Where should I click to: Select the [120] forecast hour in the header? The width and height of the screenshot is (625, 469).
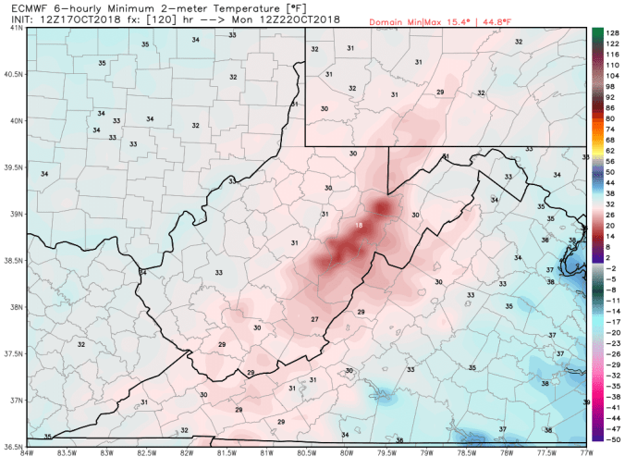(x=158, y=19)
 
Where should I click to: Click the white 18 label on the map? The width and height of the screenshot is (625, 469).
(x=359, y=226)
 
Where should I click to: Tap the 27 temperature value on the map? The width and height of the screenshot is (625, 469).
(x=314, y=319)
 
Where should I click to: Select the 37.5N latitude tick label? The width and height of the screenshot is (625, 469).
(x=15, y=353)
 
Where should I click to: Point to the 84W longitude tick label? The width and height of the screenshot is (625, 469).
(x=27, y=452)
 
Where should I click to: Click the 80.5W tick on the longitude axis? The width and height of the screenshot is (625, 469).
(x=307, y=452)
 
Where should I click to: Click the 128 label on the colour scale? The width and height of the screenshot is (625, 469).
(x=612, y=31)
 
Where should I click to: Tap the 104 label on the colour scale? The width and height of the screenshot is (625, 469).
(x=612, y=75)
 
